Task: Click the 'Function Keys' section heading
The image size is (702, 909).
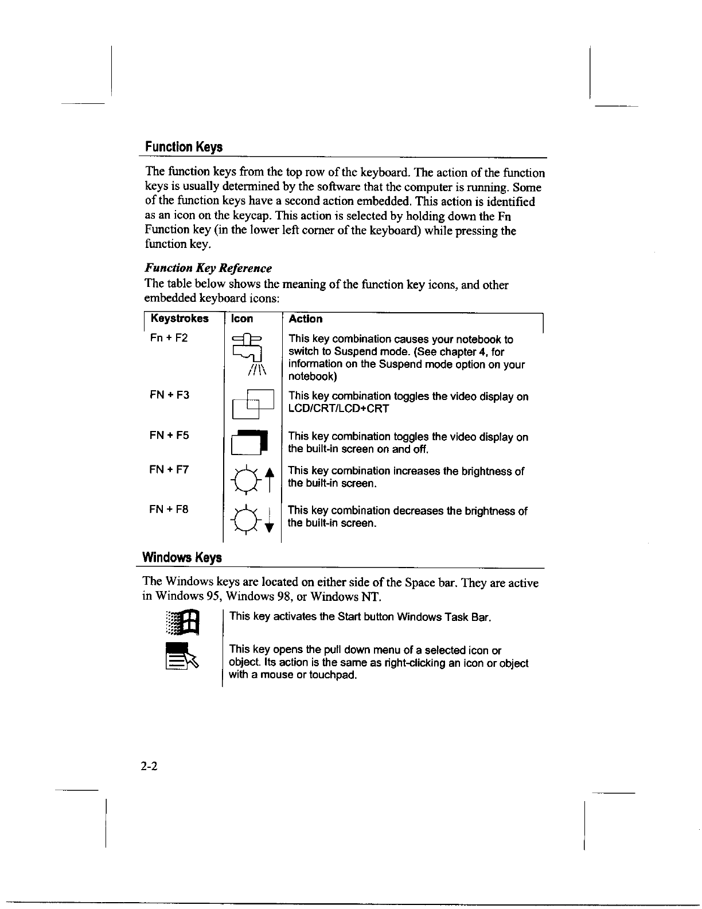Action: click(184, 147)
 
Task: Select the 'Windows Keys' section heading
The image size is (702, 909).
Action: click(182, 557)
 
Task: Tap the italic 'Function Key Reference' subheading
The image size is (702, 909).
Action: click(208, 268)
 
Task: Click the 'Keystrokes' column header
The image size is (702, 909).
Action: click(180, 318)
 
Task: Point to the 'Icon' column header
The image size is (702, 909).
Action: click(241, 318)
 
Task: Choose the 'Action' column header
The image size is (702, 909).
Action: click(306, 318)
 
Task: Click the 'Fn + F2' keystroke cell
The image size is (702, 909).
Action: click(169, 337)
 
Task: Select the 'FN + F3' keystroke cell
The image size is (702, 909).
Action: click(169, 395)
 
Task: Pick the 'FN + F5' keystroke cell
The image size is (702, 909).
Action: click(169, 435)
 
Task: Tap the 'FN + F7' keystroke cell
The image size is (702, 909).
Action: click(169, 469)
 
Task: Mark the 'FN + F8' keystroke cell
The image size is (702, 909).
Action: click(169, 509)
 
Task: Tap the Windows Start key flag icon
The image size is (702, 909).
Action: click(182, 623)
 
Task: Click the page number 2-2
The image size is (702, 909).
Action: click(151, 766)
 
